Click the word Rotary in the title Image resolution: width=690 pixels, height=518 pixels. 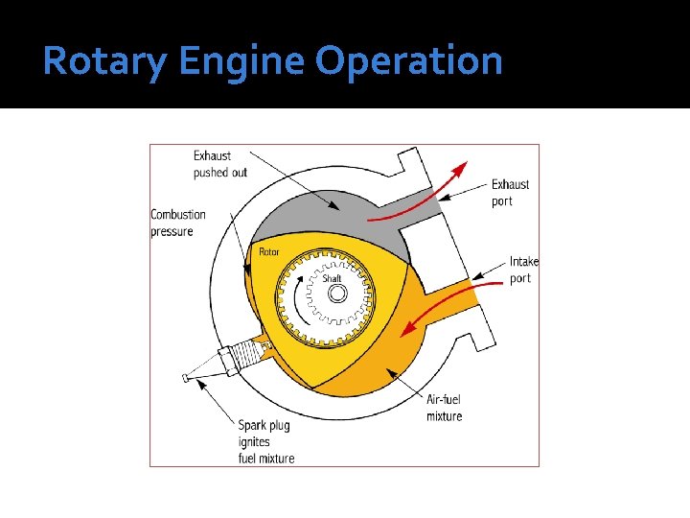click(105, 61)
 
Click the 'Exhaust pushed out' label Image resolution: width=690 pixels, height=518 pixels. click(219, 164)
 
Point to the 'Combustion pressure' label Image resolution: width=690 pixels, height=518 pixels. click(177, 223)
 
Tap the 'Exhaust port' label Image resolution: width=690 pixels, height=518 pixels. click(510, 193)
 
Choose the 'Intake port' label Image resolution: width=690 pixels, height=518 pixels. click(523, 270)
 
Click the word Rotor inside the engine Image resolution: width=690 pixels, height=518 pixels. click(270, 252)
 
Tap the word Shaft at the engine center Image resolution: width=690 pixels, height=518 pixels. click(332, 278)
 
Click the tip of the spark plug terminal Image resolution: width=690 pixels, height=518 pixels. click(186, 378)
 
